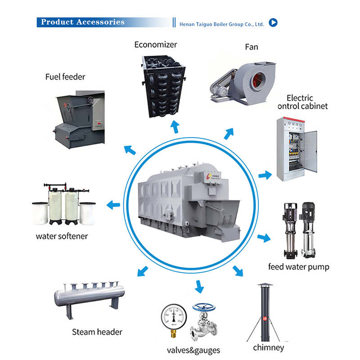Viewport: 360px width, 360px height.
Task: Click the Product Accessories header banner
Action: [x=82, y=22]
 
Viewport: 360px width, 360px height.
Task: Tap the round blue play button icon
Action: [x=273, y=22]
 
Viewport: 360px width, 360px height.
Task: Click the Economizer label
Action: [x=156, y=45]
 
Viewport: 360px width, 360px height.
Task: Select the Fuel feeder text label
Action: [x=65, y=76]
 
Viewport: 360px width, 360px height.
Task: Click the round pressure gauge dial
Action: [x=173, y=315]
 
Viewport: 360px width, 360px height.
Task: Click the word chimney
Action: [x=269, y=347]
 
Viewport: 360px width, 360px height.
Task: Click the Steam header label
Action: [x=97, y=332]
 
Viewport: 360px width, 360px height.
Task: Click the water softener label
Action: [x=62, y=236]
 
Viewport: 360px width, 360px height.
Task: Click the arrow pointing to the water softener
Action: [x=113, y=205]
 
